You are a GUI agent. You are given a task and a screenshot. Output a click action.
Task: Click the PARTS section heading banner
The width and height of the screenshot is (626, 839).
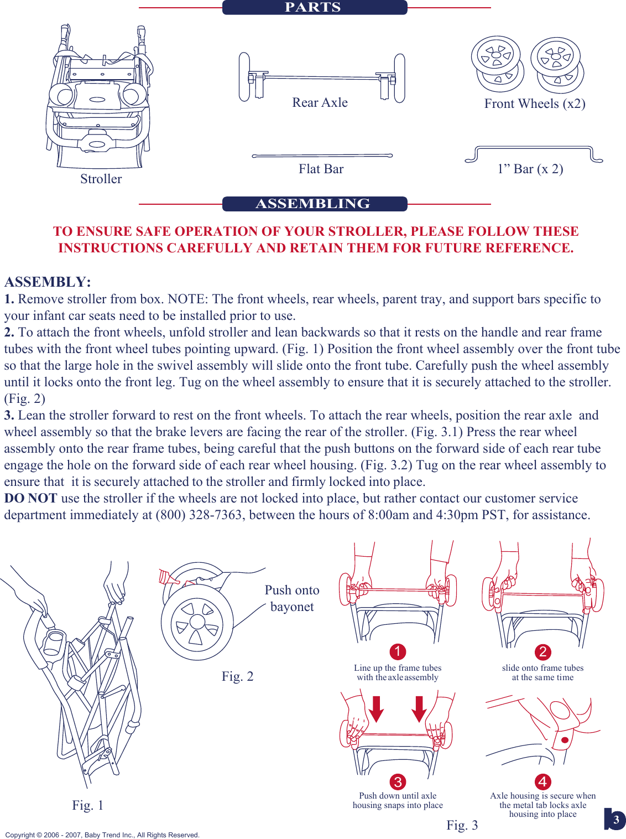[314, 7]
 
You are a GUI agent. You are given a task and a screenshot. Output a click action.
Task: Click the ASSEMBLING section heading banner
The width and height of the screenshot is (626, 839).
[314, 204]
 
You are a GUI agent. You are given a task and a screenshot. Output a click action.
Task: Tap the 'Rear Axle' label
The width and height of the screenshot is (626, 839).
[320, 103]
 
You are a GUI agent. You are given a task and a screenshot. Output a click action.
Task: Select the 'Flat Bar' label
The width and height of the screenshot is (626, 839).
[321, 169]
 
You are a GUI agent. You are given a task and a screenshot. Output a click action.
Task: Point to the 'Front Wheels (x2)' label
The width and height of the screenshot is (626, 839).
[534, 104]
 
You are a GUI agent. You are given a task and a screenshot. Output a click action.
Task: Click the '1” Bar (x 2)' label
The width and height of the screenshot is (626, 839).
[530, 169]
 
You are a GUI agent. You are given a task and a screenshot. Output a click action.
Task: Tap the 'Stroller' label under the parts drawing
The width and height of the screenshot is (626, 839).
[101, 179]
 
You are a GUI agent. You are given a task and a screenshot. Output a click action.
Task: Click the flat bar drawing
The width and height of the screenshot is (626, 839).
[322, 156]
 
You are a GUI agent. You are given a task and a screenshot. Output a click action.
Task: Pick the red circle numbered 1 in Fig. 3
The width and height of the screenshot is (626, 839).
[398, 652]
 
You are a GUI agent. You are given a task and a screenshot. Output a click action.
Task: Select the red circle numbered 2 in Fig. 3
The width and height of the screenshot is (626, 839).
[542, 652]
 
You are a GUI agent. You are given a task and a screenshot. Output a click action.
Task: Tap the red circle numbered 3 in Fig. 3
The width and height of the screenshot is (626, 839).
[398, 782]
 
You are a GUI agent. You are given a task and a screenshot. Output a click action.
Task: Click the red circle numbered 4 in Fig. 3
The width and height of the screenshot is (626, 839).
[542, 782]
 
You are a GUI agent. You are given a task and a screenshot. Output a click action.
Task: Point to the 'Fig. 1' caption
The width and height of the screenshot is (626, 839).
[87, 805]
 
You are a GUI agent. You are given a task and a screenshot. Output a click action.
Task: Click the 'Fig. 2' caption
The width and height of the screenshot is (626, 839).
[237, 676]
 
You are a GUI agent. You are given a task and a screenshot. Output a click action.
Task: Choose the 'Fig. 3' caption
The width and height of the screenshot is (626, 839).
[462, 825]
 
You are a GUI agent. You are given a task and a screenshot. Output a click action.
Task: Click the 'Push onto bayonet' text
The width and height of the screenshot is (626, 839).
[292, 598]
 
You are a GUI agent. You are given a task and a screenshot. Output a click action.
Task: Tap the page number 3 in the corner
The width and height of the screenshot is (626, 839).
[616, 820]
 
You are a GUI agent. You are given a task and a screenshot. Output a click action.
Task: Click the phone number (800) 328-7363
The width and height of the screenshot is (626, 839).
[199, 515]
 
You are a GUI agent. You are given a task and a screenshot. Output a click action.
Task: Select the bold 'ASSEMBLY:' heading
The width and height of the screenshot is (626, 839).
[48, 282]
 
